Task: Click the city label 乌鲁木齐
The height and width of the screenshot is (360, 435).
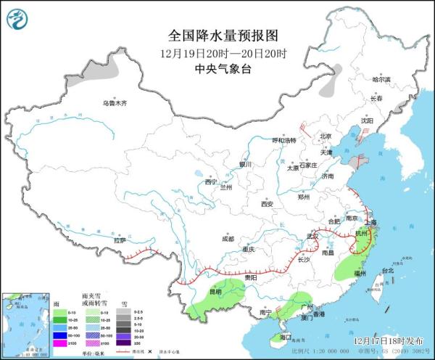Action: [114, 104]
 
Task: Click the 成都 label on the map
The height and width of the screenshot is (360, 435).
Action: [229, 238]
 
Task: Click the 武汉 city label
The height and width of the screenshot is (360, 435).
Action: [312, 236]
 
